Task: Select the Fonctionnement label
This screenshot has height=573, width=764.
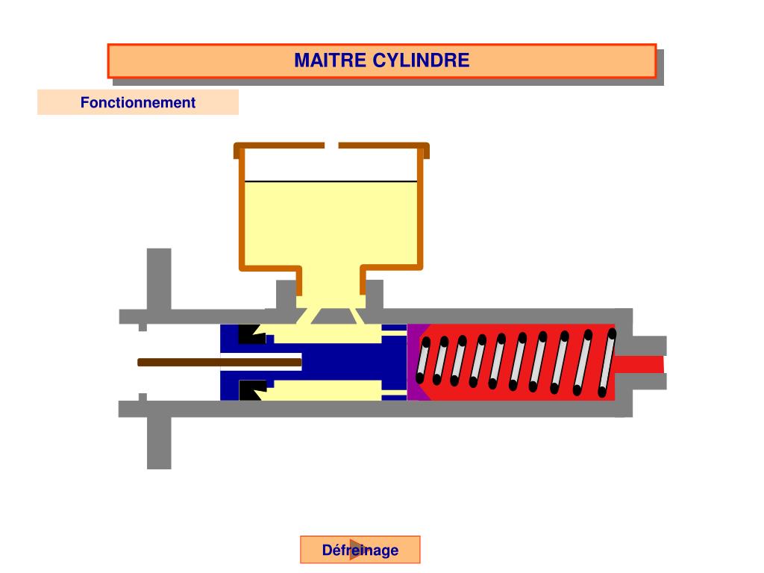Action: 138,102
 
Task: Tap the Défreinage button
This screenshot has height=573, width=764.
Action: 360,550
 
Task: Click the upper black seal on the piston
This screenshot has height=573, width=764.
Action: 250,334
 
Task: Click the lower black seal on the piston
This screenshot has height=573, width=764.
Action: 251,389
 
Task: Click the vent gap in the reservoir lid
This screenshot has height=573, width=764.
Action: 332,145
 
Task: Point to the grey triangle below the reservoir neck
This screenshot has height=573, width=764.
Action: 331,318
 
